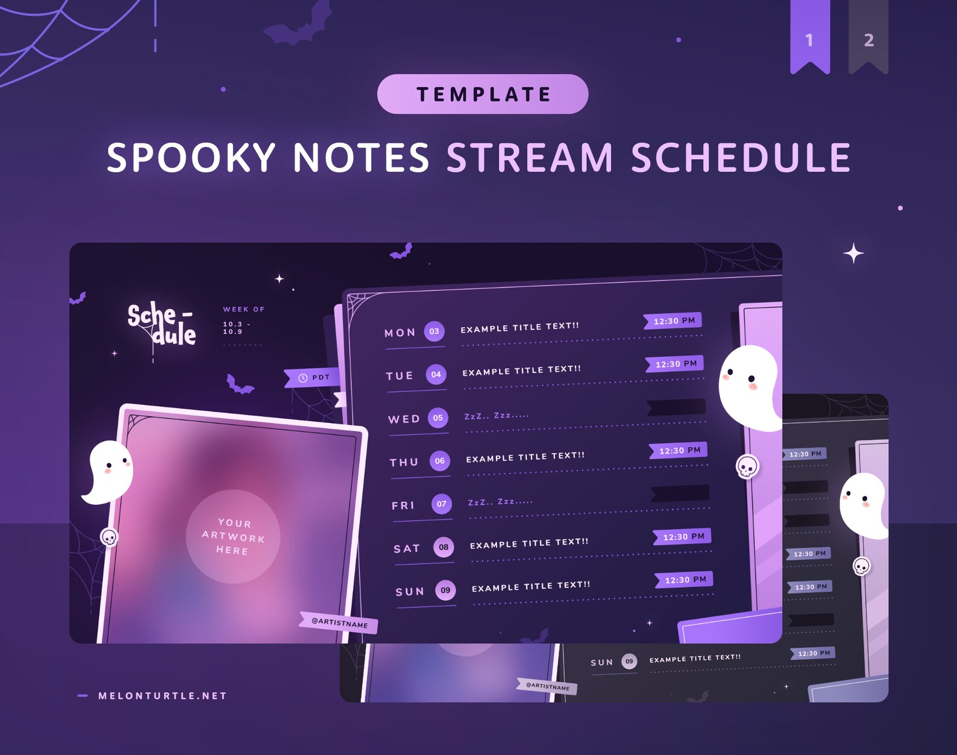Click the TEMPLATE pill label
[483, 94]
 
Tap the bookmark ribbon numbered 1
[809, 37]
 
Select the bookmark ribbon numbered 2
[868, 37]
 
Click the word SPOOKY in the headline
[191, 158]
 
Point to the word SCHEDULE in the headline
[741, 158]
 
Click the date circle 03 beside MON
[434, 331]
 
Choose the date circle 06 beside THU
[440, 461]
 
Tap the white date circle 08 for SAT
[444, 547]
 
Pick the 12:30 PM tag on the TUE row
[676, 364]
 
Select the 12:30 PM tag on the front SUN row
[685, 580]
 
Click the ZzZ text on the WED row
[496, 416]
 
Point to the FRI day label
[403, 506]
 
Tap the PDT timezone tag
[313, 378]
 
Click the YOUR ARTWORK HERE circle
[233, 536]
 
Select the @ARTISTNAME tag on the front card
[339, 622]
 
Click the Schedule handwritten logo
[162, 324]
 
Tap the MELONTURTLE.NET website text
[162, 696]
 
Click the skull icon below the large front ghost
[747, 466]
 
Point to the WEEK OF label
[243, 309]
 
